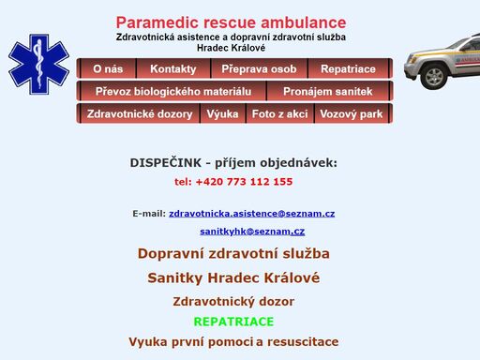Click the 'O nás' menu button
[108, 69]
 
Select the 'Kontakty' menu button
[173, 69]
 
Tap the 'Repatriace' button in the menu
[348, 69]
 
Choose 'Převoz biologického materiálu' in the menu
[173, 92]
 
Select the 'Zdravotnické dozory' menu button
[140, 114]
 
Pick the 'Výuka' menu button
[222, 114]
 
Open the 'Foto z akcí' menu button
[279, 114]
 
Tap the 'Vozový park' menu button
[351, 114]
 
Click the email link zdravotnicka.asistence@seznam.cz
[251, 214]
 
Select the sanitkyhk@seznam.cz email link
[251, 231]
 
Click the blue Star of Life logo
[39, 72]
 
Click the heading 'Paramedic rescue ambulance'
[231, 22]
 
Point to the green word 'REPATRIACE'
[233, 322]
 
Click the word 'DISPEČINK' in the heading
[165, 163]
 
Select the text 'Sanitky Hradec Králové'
[233, 277]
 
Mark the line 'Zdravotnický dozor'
[233, 302]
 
